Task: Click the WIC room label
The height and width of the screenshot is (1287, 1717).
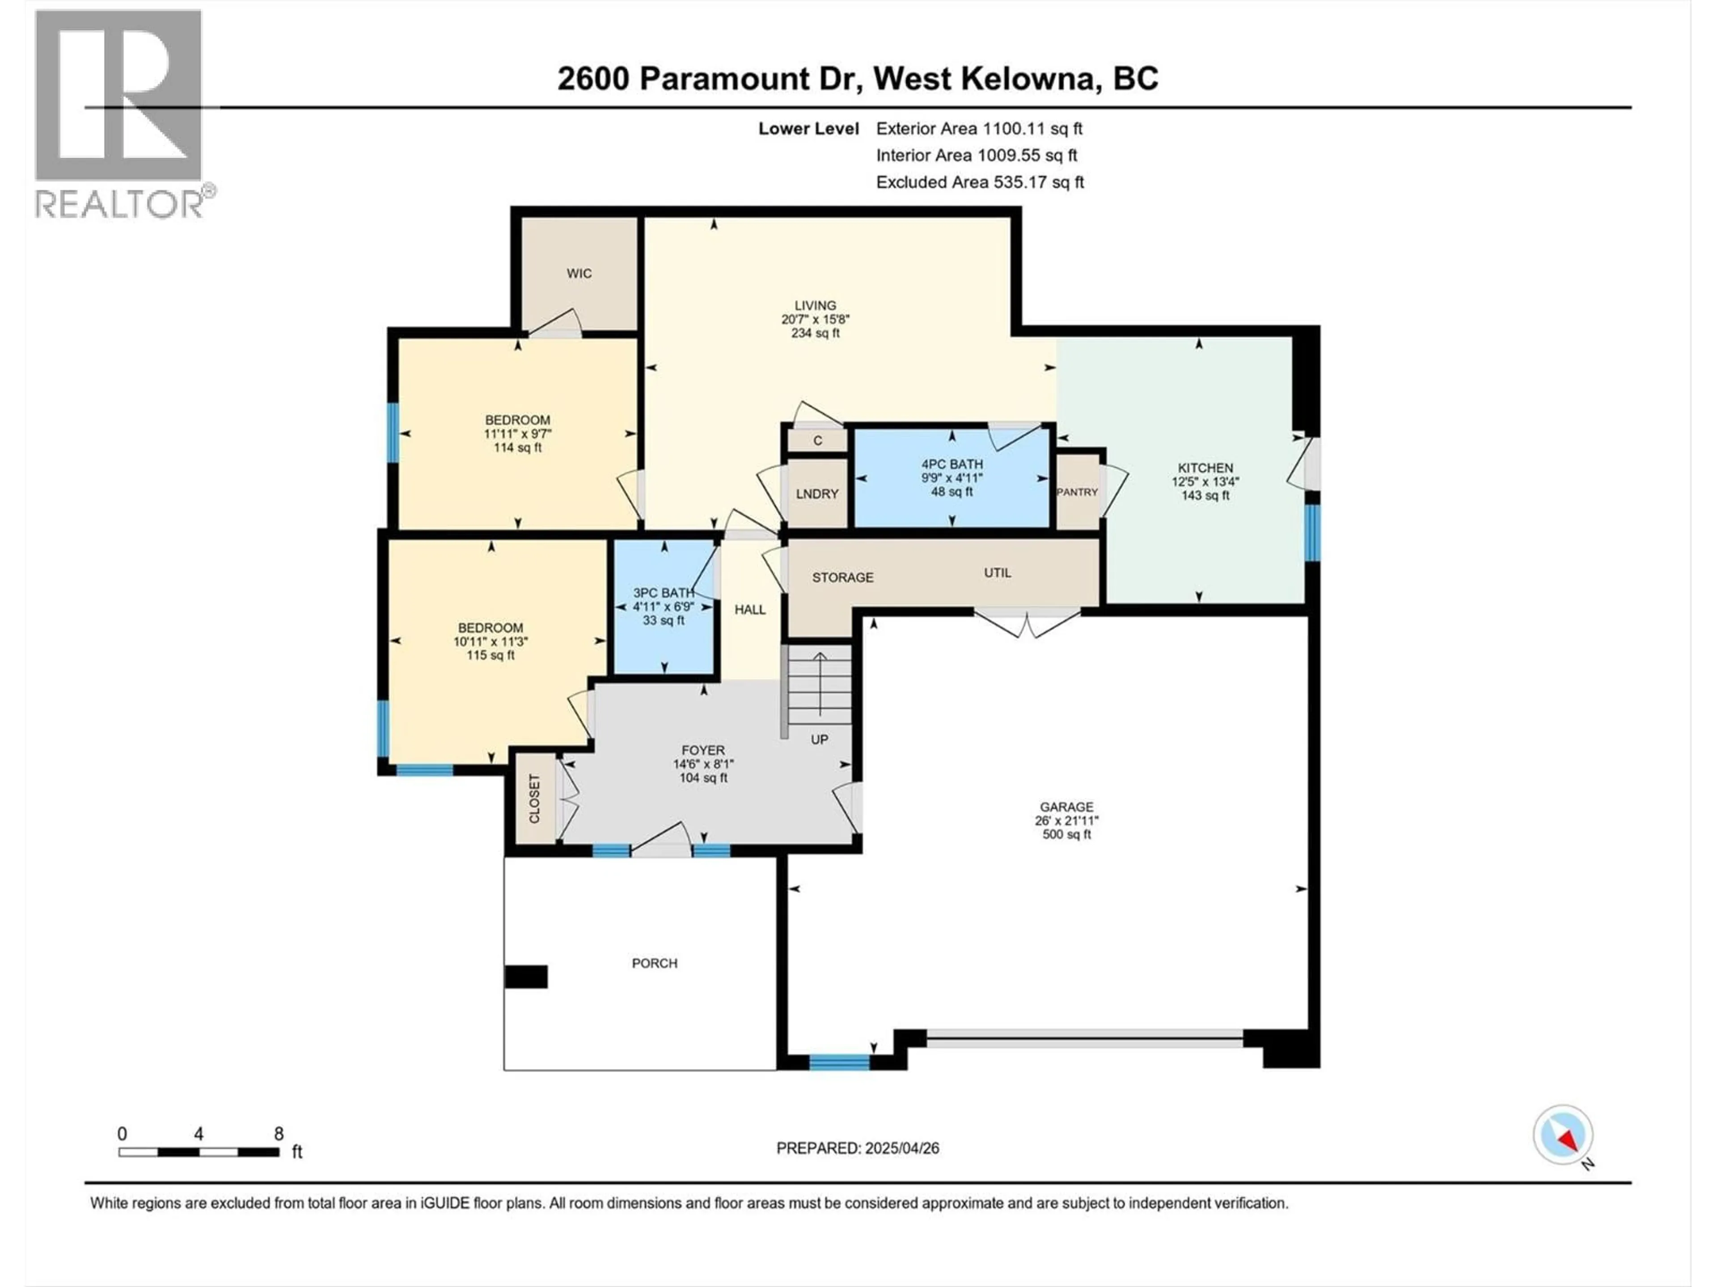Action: pos(579,273)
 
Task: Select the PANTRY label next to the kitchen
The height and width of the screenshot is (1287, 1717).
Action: pos(1078,492)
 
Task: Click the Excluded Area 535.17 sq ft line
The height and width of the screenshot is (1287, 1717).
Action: pos(980,182)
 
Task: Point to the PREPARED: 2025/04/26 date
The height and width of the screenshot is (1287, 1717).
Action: pos(858,1148)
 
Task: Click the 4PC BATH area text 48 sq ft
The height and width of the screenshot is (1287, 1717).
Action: pos(952,492)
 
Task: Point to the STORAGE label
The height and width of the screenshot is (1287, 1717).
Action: pos(843,577)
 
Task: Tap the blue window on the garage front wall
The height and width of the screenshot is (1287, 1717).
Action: pos(839,1062)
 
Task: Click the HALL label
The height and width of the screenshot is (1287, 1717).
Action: pos(750,610)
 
